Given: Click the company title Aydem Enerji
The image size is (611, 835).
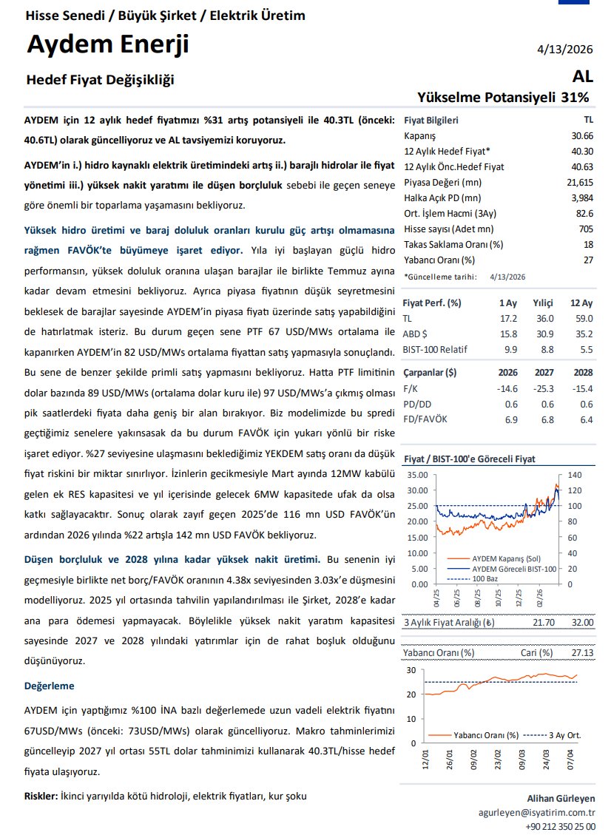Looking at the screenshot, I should (x=108, y=45).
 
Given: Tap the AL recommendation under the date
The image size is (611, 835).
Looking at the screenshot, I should (x=581, y=76).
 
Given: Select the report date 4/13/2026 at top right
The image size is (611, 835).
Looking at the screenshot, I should (x=565, y=50).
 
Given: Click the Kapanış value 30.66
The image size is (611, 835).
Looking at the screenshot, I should (x=581, y=136).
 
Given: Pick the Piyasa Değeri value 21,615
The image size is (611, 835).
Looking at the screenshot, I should (x=579, y=182).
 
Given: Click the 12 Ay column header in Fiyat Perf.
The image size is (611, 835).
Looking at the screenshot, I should (x=581, y=302).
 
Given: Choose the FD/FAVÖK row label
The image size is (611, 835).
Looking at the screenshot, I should (x=425, y=419).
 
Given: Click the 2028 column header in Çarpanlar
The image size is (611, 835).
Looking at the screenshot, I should (x=581, y=373).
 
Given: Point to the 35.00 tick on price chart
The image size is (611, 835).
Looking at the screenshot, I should (x=417, y=474).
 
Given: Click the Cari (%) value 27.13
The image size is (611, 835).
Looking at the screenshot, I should (x=582, y=653).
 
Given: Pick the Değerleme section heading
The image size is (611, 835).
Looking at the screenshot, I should (x=50, y=686).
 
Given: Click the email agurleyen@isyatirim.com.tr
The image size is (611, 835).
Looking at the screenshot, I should (x=537, y=811).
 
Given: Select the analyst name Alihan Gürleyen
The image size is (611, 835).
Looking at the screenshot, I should (x=561, y=798).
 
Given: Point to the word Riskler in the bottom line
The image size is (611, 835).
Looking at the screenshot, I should (x=40, y=796).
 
